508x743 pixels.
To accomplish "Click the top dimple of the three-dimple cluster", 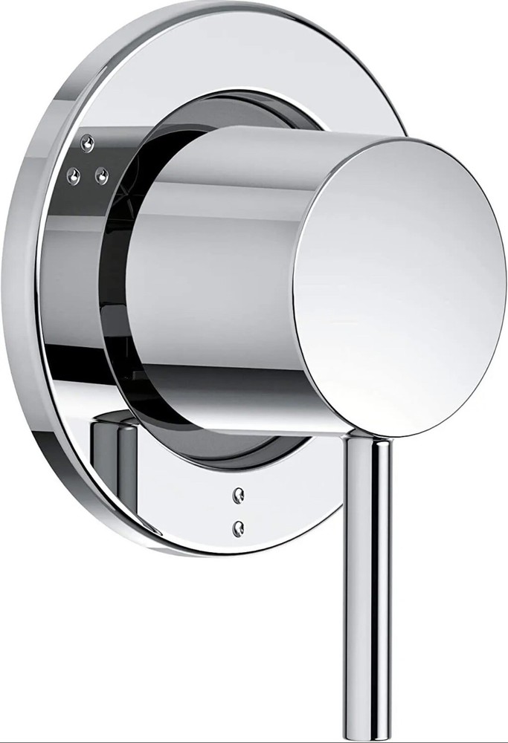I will tap(88, 140).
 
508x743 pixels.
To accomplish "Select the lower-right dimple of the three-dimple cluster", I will tap(102, 175).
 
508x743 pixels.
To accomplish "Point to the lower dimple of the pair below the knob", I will tap(238, 527).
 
